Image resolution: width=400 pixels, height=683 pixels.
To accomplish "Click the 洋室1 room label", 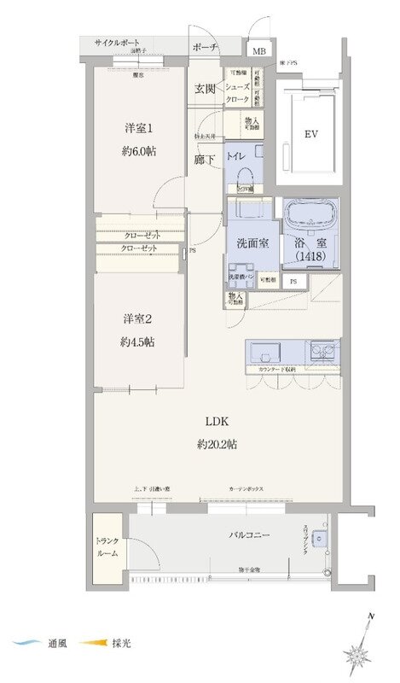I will [x=140, y=128].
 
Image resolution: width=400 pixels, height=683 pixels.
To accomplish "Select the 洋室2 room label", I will [x=137, y=318].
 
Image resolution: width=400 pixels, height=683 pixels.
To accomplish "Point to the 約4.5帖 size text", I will [x=138, y=341].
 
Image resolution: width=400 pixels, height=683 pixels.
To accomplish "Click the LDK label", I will [x=216, y=421].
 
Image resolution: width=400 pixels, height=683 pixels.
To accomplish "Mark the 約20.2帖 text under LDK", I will [x=216, y=444].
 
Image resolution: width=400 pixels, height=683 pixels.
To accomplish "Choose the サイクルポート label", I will [x=118, y=42].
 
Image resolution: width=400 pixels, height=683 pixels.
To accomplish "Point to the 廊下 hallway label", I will [x=203, y=159].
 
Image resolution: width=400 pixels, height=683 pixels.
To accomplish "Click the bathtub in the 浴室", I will [x=310, y=213].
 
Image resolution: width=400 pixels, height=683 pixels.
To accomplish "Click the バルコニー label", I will [x=249, y=534].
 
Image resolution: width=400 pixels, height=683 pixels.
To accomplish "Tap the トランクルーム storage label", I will [x=107, y=546].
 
